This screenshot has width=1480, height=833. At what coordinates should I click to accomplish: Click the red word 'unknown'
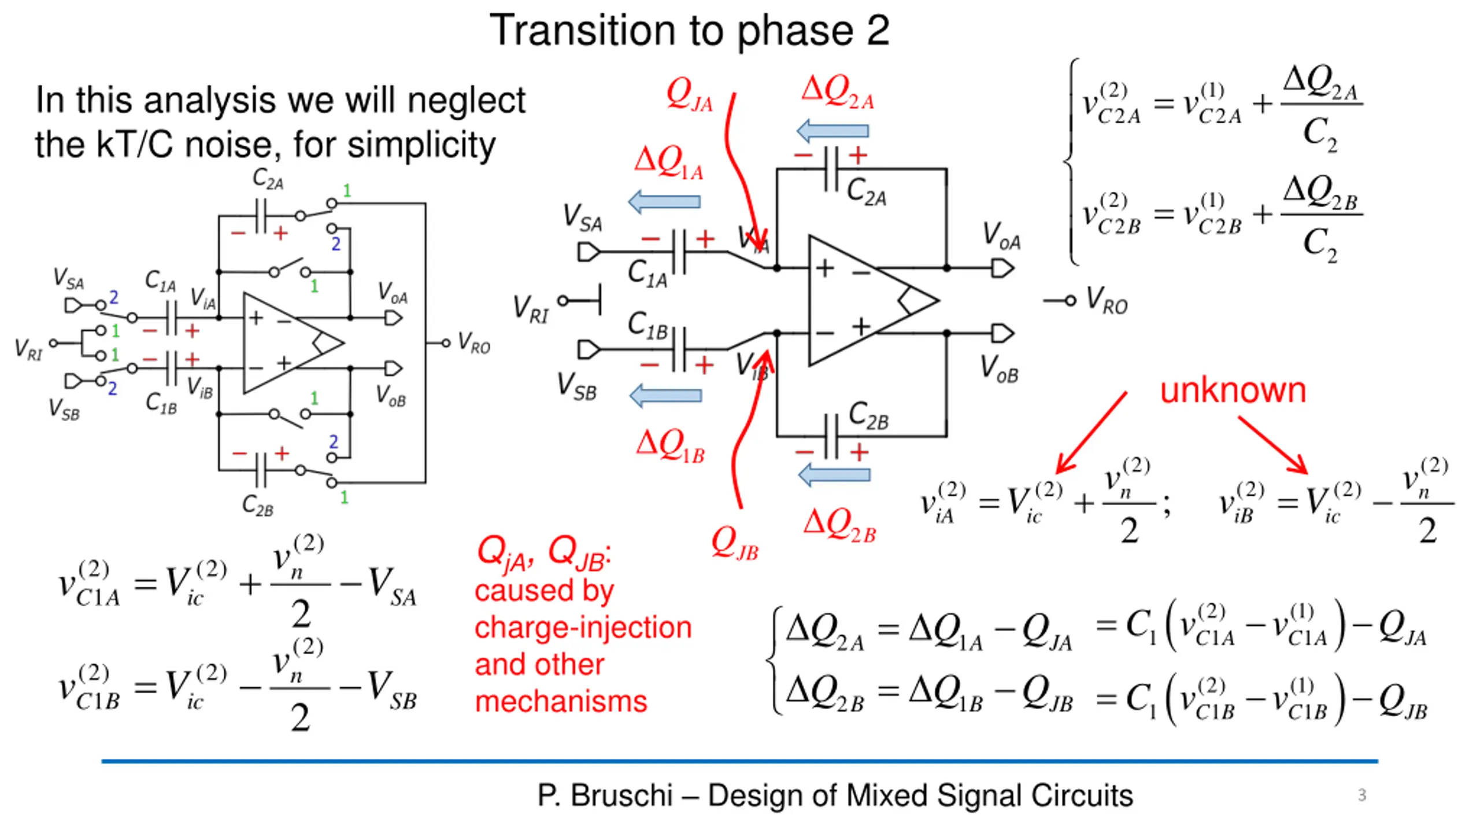(x=1233, y=390)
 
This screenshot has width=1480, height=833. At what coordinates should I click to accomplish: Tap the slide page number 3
(x=1362, y=795)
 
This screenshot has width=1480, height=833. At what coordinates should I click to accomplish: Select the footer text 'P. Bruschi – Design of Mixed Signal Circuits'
(x=835, y=795)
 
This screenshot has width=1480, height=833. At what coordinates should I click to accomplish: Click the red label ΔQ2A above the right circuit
(x=838, y=93)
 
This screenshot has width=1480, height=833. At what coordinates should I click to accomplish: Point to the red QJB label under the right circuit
(x=735, y=544)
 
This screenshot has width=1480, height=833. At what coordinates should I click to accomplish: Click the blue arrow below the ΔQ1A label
(x=664, y=201)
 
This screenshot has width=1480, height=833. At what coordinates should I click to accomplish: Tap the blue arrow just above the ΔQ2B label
(x=834, y=475)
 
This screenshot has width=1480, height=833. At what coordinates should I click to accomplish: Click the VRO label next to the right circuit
(x=1107, y=301)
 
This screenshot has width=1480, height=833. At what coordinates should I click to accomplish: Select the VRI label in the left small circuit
(x=29, y=349)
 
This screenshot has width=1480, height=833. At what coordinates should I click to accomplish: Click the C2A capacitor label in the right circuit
(x=866, y=193)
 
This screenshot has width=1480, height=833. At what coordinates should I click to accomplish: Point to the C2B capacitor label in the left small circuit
(x=258, y=505)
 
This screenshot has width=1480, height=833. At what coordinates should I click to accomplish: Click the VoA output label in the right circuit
(x=1002, y=236)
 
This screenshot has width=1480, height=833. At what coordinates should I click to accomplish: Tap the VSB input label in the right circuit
(x=576, y=386)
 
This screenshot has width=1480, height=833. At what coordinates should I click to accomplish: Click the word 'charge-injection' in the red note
(x=583, y=628)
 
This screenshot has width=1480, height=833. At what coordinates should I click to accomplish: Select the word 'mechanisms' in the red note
(x=561, y=702)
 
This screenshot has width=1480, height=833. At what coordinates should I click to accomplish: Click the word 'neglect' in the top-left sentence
(x=467, y=101)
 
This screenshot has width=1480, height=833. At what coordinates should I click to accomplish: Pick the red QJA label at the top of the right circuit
(x=689, y=94)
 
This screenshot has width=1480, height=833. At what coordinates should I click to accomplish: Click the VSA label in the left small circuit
(x=68, y=279)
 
